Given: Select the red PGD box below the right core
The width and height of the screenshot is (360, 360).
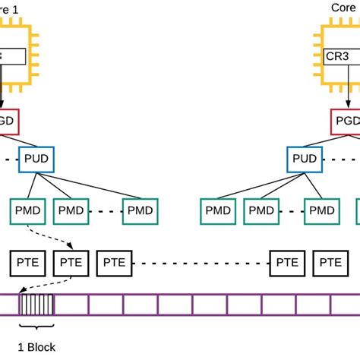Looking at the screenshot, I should [346, 121].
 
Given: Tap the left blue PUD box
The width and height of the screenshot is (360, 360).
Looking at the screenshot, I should [37, 159].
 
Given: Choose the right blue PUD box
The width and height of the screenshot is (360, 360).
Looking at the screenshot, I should [305, 159].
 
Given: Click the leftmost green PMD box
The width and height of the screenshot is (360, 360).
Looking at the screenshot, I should [29, 210].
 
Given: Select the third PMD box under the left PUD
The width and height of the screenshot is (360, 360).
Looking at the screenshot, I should [140, 210].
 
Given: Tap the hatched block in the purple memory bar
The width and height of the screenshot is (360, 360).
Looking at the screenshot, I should [37, 305].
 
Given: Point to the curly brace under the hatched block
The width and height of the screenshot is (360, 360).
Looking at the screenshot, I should [37, 327].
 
